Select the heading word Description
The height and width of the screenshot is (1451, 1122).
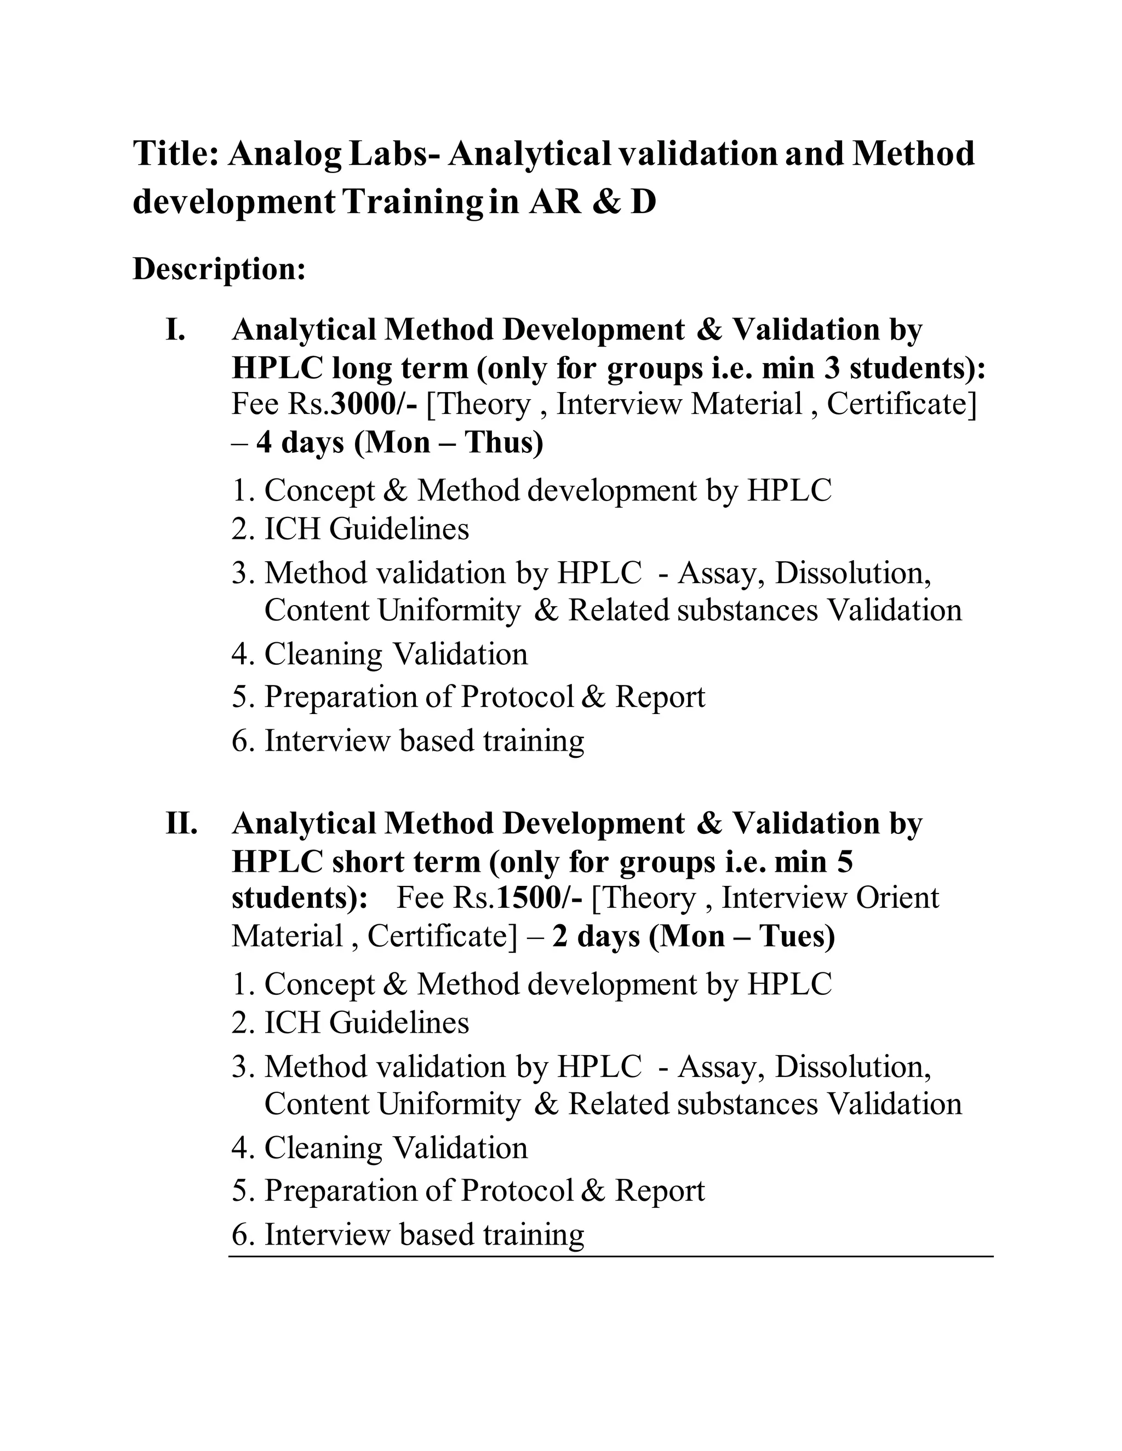(x=219, y=269)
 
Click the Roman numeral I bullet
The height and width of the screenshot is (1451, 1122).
(x=175, y=330)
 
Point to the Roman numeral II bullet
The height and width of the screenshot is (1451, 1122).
(x=181, y=824)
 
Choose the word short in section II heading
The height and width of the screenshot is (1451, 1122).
(x=368, y=862)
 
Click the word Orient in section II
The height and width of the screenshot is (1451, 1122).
(x=897, y=898)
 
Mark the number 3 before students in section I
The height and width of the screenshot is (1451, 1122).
(x=832, y=367)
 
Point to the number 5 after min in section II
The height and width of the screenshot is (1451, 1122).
(x=845, y=862)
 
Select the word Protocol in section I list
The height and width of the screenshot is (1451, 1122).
(x=517, y=697)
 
